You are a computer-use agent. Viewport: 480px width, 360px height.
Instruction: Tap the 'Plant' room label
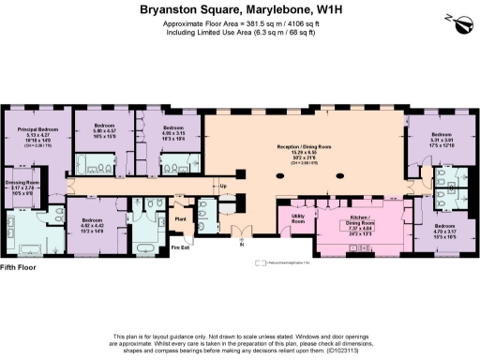[181, 218]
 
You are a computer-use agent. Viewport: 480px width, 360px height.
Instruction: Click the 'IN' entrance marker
[241, 253]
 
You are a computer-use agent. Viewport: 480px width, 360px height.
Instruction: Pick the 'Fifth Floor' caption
[20, 268]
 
